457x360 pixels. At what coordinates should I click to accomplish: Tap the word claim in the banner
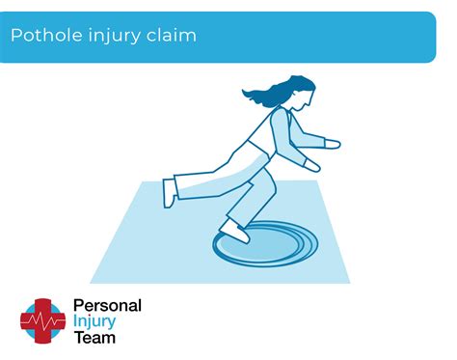click(170, 36)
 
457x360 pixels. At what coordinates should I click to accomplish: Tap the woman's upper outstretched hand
click(331, 143)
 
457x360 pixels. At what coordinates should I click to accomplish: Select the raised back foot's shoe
click(170, 191)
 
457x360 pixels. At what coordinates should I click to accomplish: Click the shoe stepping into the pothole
click(233, 231)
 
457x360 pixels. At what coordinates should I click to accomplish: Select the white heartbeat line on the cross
click(43, 319)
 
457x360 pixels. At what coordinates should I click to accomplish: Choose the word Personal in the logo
click(107, 306)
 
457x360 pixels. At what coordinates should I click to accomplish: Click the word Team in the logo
click(94, 338)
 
